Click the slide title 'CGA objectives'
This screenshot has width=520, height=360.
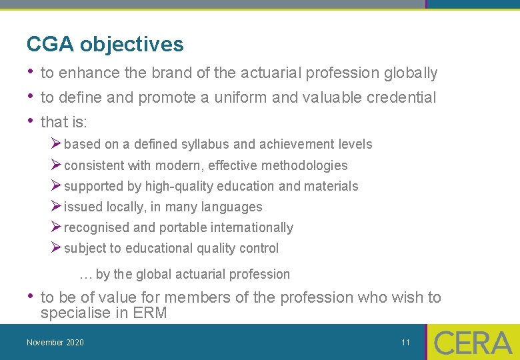click(105, 45)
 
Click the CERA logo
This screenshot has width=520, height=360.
click(473, 343)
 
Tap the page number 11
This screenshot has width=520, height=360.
click(405, 343)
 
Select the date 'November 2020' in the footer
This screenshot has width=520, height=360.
click(55, 343)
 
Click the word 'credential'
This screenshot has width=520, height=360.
click(402, 97)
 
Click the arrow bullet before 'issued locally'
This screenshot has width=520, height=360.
click(57, 207)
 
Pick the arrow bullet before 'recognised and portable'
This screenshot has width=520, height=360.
click(57, 227)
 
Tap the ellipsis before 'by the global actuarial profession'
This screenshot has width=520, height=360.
click(85, 275)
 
